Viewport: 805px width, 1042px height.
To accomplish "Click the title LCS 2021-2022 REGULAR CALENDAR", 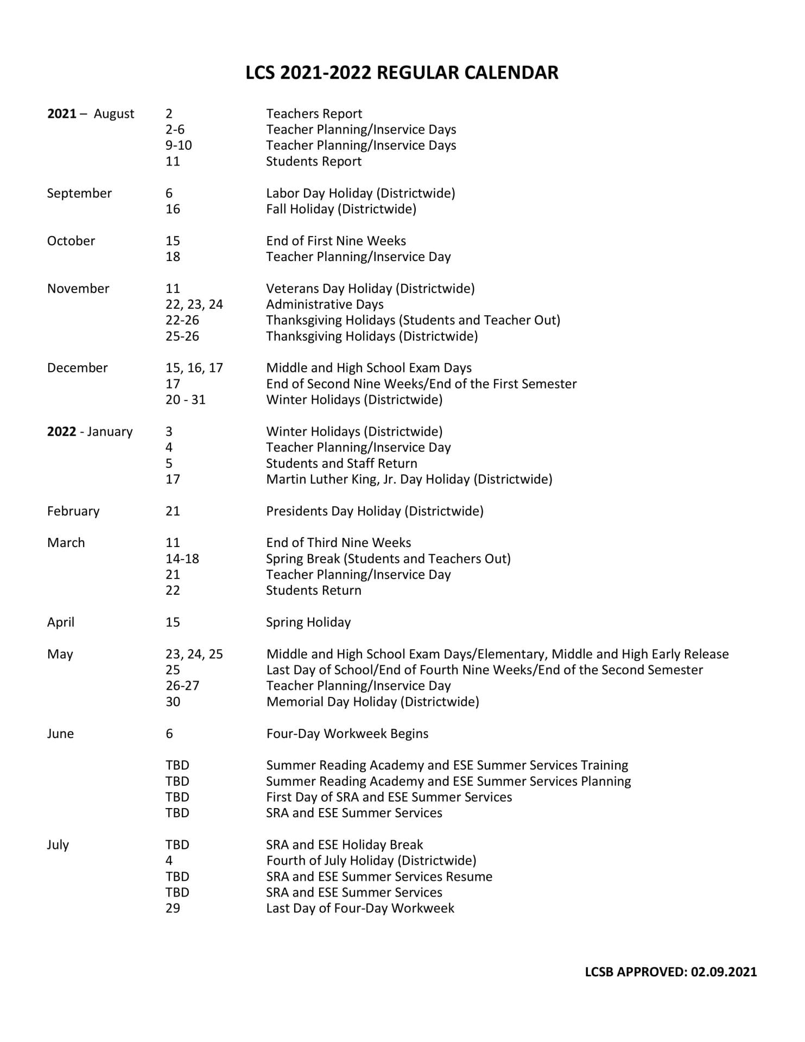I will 402,73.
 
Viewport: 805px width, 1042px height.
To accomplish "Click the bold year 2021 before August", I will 61,114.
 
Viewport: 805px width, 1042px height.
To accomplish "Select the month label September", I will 79,193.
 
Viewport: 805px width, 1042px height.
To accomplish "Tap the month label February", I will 73,511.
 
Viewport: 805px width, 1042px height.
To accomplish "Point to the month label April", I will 61,622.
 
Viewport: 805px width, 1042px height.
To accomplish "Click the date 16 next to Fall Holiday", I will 173,209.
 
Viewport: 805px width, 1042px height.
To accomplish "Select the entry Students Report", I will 313,162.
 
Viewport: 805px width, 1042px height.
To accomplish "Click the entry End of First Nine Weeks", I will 335,241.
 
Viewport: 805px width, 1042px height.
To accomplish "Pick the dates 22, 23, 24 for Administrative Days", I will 194,304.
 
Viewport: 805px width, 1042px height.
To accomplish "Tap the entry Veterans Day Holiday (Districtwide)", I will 370,289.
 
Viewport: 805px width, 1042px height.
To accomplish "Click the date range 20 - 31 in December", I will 185,400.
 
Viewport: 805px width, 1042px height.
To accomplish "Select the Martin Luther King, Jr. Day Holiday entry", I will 409,479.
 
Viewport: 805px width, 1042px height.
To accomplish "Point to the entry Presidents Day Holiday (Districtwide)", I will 375,511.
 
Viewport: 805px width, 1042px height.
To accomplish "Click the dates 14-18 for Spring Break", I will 182,559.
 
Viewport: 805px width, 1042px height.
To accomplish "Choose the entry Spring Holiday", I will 308,622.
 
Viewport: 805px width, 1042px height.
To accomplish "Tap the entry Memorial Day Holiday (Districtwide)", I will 372,702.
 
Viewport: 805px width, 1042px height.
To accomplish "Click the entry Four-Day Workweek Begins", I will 347,734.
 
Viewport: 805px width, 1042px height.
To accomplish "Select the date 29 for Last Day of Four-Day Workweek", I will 173,908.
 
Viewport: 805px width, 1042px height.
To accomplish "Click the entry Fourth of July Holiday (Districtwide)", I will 371,861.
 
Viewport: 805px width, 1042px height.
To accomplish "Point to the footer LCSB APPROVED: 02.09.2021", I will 670,972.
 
